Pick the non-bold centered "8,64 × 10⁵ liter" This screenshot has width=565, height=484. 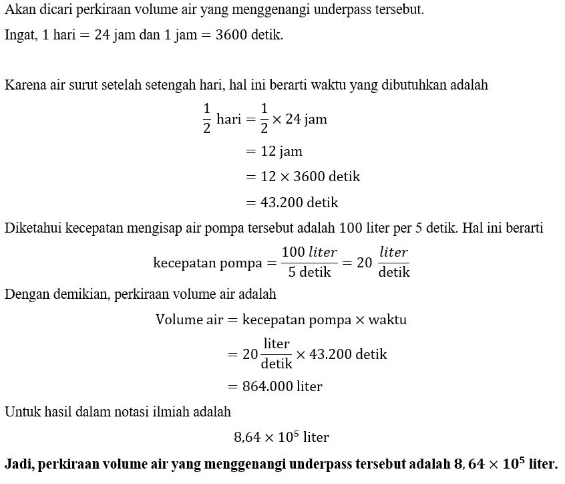point(281,438)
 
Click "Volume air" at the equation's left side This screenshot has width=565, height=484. point(188,320)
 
